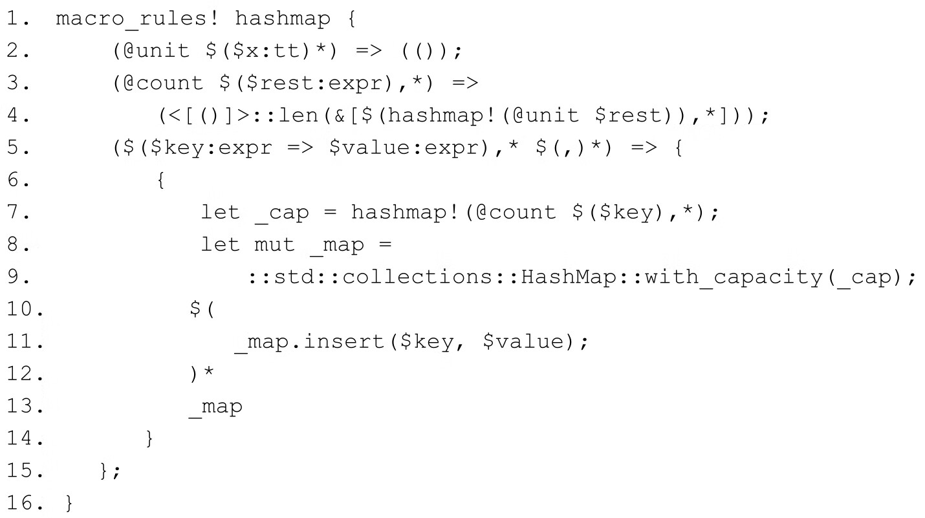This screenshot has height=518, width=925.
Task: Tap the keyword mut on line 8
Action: point(275,245)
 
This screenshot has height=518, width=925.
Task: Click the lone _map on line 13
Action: point(216,407)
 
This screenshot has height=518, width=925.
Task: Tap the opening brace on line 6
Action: point(160,180)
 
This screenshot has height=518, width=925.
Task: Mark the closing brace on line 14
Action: point(150,439)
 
